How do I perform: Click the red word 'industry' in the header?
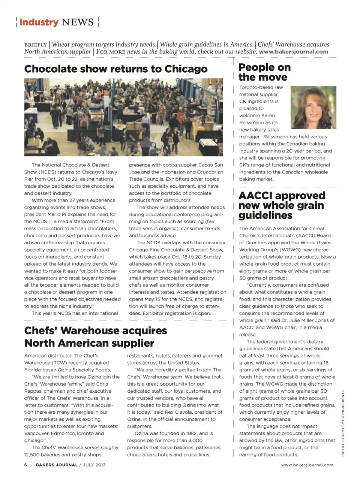click(x=39, y=22)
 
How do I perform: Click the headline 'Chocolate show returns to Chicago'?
click(x=115, y=69)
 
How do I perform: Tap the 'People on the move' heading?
click(x=264, y=72)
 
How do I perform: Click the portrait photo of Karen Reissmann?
click(x=313, y=108)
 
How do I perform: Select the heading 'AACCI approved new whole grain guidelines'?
click(x=281, y=205)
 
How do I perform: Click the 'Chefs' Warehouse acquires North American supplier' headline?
click(x=96, y=337)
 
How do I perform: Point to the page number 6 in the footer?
click(x=25, y=465)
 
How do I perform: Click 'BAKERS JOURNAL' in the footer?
click(x=57, y=465)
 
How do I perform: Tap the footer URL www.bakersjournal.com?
click(x=307, y=465)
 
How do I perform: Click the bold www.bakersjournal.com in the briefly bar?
click(x=293, y=52)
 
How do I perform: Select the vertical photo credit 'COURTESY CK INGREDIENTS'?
click(x=343, y=416)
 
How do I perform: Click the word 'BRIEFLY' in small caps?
click(x=36, y=45)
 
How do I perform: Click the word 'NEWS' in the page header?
click(x=78, y=22)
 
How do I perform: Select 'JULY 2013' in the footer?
click(x=94, y=465)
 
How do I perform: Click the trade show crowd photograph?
click(x=123, y=117)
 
